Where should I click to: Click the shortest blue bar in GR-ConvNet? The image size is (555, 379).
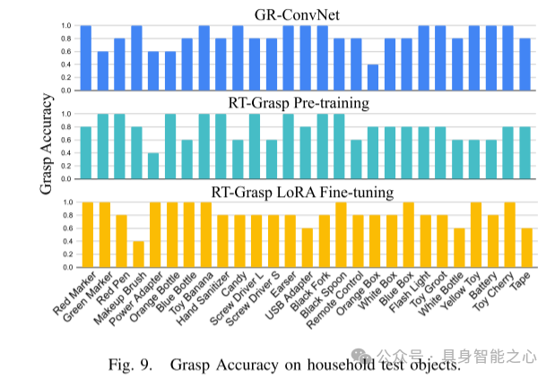[373, 77]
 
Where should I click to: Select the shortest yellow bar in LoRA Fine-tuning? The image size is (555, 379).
[137, 254]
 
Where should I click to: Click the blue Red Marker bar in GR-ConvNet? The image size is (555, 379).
[86, 57]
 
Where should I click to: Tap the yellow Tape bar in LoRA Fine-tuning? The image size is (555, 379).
[525, 247]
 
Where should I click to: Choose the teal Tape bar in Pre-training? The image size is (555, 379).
[525, 152]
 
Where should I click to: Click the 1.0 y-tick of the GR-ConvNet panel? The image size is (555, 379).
[65, 26]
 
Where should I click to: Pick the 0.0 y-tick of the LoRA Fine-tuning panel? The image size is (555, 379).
[65, 267]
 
